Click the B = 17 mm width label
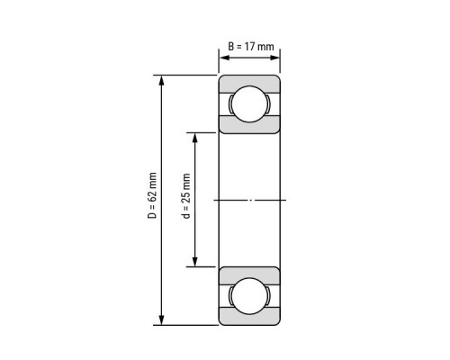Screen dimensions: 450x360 (x=251, y=47)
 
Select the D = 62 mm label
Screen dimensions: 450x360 (x=152, y=195)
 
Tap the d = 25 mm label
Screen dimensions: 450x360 (x=186, y=196)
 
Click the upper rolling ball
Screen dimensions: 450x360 (x=249, y=103)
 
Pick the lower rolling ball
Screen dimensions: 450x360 (x=249, y=296)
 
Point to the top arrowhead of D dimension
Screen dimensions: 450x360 (x=162, y=80)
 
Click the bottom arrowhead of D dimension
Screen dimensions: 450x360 (x=162, y=319)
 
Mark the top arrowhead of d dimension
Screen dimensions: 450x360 (x=195, y=138)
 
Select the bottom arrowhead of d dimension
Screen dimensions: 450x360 (x=195, y=262)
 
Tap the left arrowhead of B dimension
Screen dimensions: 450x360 (x=224, y=58)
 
